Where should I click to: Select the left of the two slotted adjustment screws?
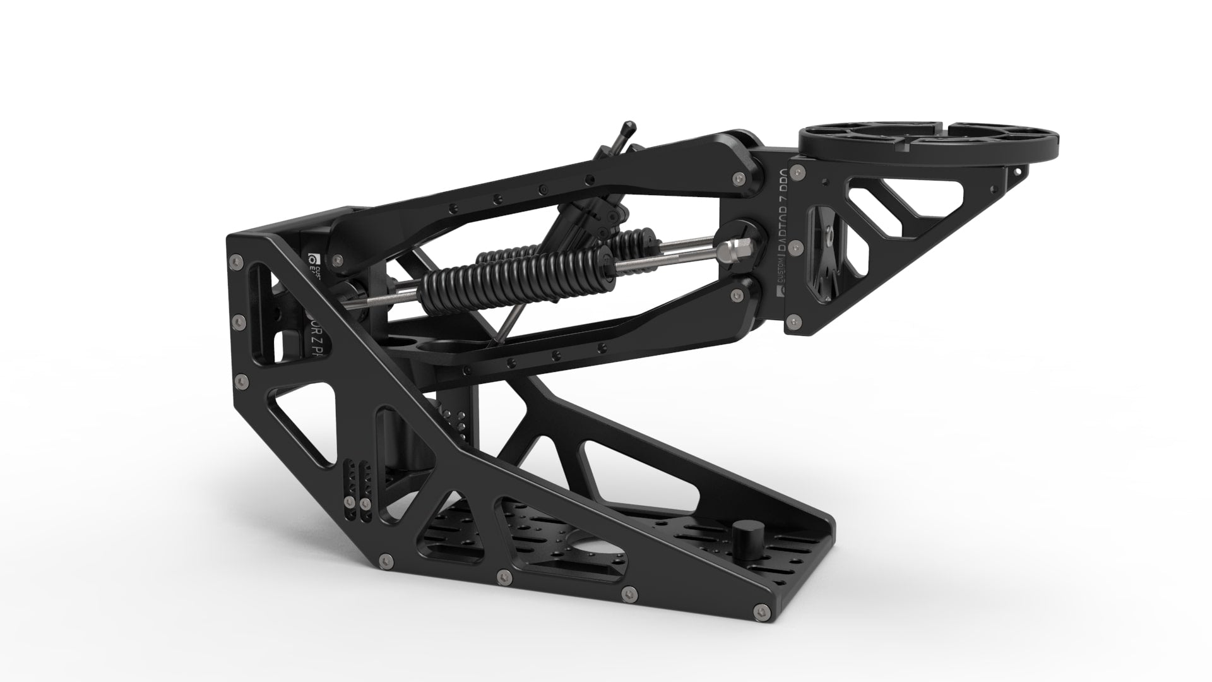[348, 503]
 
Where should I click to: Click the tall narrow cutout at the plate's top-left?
[260, 288]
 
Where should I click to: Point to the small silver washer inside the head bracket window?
[828, 237]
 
